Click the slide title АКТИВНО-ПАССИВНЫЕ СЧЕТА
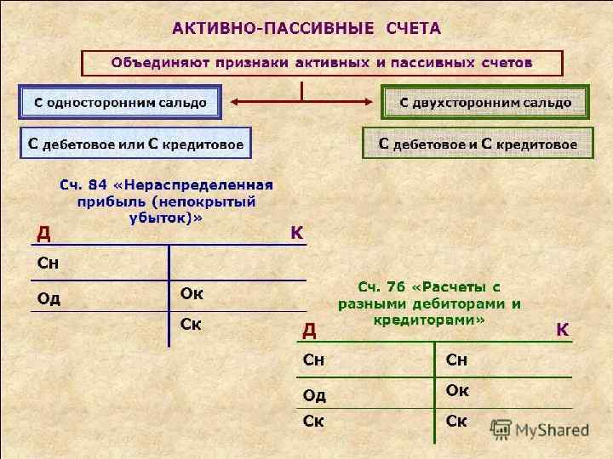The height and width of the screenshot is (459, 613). tap(306, 29)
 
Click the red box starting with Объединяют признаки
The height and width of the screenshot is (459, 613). tap(322, 63)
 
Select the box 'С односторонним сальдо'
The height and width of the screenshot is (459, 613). tap(120, 102)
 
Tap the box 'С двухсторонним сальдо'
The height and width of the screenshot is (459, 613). tap(485, 102)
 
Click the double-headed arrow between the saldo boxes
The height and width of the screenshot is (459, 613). tap(301, 103)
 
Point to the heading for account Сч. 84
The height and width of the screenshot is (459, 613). tap(165, 200)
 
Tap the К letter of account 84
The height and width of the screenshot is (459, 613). tap(297, 232)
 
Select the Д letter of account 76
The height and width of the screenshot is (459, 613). tap(310, 329)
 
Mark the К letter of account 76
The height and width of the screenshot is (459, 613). tap(563, 329)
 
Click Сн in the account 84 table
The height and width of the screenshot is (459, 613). tap(49, 263)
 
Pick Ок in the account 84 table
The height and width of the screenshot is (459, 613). tap(192, 294)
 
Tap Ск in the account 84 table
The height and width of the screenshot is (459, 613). tap(191, 324)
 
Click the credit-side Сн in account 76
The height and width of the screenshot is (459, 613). tap(457, 361)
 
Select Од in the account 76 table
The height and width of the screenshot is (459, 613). tap(315, 394)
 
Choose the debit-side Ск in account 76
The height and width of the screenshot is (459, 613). tap(314, 422)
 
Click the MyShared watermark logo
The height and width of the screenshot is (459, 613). tap(542, 430)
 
